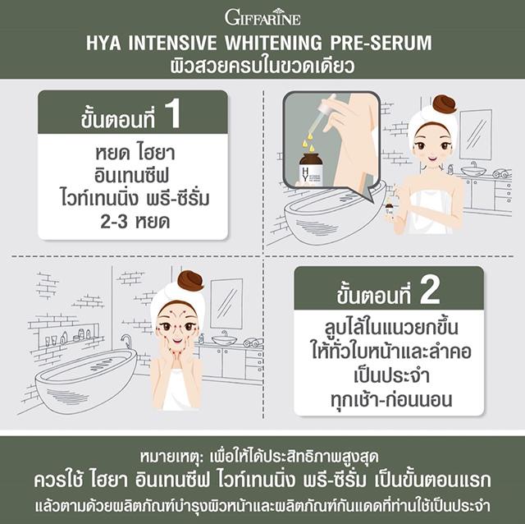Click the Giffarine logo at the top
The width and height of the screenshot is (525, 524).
point(262,16)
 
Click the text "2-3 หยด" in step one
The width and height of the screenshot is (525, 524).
point(135,222)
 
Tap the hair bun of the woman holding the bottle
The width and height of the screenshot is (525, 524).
point(445,104)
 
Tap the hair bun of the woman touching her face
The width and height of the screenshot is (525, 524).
point(190,280)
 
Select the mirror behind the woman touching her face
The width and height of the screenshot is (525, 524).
point(226,304)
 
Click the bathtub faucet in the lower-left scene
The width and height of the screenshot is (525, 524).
point(126,342)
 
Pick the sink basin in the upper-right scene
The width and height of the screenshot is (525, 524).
point(474,170)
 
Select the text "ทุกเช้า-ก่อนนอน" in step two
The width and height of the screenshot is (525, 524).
point(391,399)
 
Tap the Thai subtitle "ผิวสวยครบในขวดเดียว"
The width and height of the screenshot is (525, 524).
point(262,66)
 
